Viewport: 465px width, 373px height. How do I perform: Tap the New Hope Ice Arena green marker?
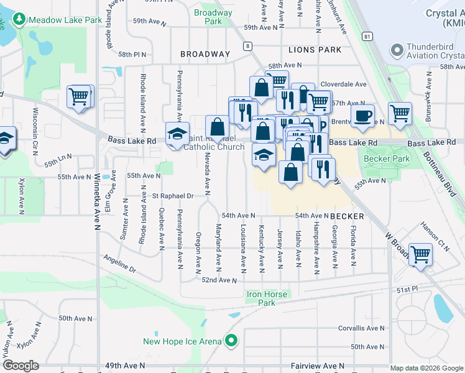pos(231,341)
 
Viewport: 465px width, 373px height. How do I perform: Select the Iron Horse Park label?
pos(267,298)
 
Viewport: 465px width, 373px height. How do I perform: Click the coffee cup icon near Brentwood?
pos(362,114)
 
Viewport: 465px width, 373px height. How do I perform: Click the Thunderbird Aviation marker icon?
pos(396,50)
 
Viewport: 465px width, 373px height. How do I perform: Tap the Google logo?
pos(20,366)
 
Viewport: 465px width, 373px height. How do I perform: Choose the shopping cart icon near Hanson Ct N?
pos(421,254)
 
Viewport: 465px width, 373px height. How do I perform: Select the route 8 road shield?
pos(247,46)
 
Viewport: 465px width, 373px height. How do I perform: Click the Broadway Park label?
pos(213,17)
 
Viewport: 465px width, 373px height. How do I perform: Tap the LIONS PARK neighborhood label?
pos(315,49)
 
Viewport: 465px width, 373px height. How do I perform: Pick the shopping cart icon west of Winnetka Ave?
pos(79,96)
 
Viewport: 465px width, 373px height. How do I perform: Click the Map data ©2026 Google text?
pos(426,368)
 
